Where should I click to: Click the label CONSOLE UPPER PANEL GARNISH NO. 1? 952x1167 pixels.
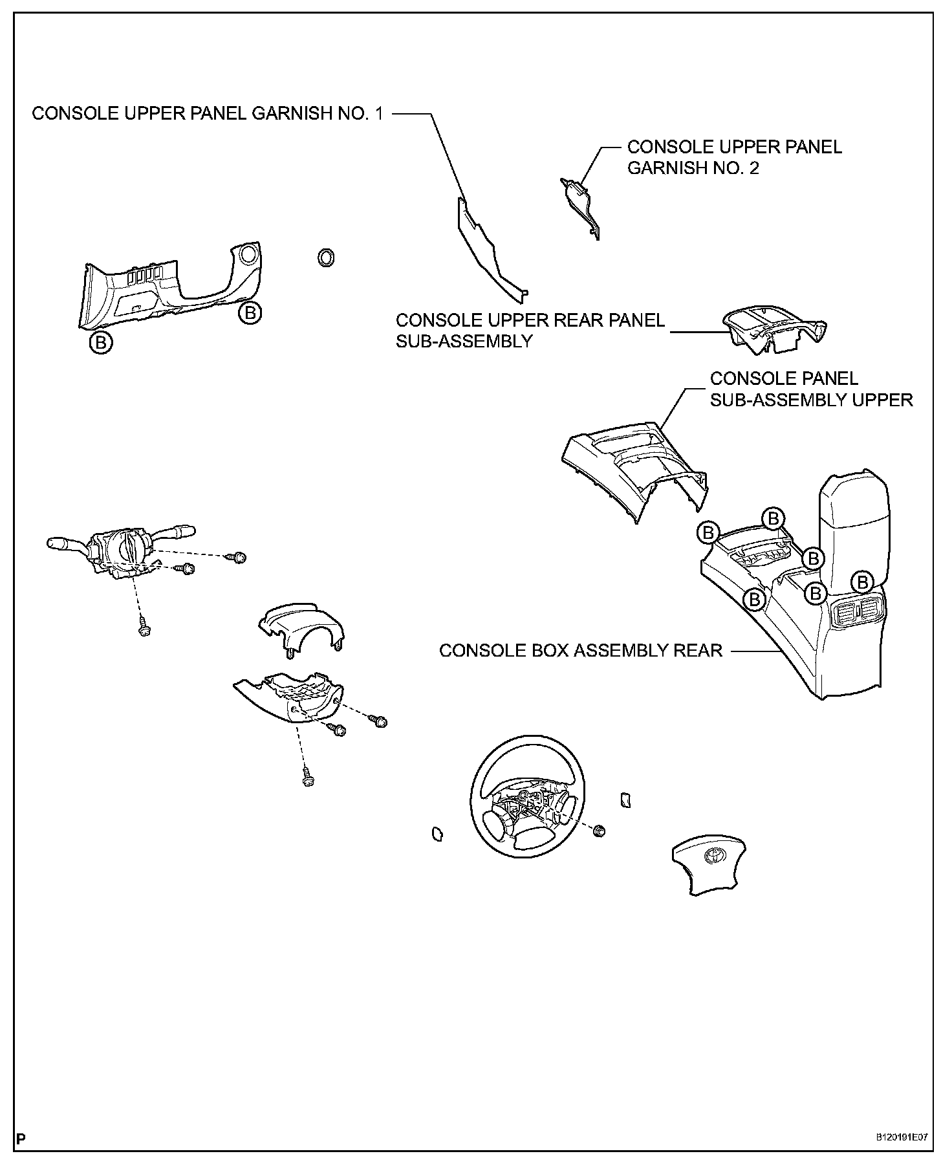pos(207,114)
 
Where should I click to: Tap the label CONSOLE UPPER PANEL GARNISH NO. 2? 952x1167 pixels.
pos(735,157)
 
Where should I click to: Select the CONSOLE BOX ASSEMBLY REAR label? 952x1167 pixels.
pos(580,650)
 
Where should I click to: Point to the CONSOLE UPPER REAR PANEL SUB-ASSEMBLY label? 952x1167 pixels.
pos(530,331)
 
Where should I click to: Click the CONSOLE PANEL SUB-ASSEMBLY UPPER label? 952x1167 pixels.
pos(811,389)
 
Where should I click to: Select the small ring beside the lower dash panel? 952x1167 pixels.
pos(327,257)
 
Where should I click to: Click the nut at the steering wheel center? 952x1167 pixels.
pos(599,831)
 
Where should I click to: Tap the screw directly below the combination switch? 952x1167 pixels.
pos(144,629)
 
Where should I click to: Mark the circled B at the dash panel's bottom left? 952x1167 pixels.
pos(101,342)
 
